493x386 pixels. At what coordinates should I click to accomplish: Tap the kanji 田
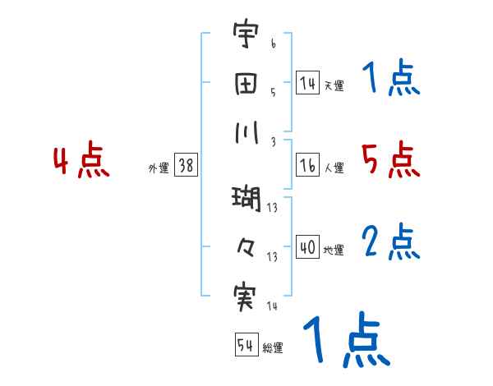(x=245, y=84)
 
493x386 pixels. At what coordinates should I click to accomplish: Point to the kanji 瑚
(x=245, y=198)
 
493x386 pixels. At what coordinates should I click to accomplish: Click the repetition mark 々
(x=245, y=246)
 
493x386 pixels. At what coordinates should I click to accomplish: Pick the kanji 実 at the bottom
(x=245, y=296)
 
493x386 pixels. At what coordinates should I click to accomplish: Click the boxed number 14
(x=307, y=82)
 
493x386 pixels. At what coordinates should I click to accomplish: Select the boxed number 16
(x=307, y=164)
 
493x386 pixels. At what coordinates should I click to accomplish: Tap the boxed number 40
(x=307, y=247)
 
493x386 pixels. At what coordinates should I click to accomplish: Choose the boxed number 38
(x=186, y=165)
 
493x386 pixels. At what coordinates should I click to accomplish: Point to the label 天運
(x=334, y=85)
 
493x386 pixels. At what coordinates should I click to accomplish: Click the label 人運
(x=334, y=168)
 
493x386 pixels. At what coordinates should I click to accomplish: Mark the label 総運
(x=273, y=348)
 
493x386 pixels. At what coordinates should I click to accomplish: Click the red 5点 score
(x=390, y=159)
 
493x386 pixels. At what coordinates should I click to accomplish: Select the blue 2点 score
(x=390, y=241)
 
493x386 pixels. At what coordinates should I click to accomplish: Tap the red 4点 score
(x=81, y=162)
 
